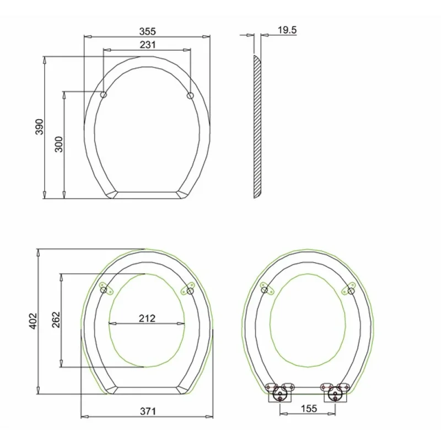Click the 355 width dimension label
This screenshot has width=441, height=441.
(x=147, y=31)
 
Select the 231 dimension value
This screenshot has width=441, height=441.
(x=147, y=45)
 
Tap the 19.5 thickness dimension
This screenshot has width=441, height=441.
(x=287, y=31)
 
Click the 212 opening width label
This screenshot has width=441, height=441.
(x=147, y=318)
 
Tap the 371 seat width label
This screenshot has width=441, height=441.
(x=147, y=411)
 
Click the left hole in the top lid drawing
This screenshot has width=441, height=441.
(x=103, y=95)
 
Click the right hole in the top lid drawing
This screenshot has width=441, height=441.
(x=191, y=95)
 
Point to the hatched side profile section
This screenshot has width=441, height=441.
(x=257, y=127)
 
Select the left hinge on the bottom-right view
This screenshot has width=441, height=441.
(x=279, y=392)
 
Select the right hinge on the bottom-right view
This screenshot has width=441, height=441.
(x=334, y=392)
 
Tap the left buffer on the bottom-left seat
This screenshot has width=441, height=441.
(x=105, y=288)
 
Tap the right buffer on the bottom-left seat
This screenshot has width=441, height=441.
(x=189, y=288)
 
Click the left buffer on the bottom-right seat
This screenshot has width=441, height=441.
(x=265, y=289)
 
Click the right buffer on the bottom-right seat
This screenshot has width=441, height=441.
(x=349, y=289)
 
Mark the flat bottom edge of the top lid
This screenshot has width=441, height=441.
(x=147, y=194)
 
